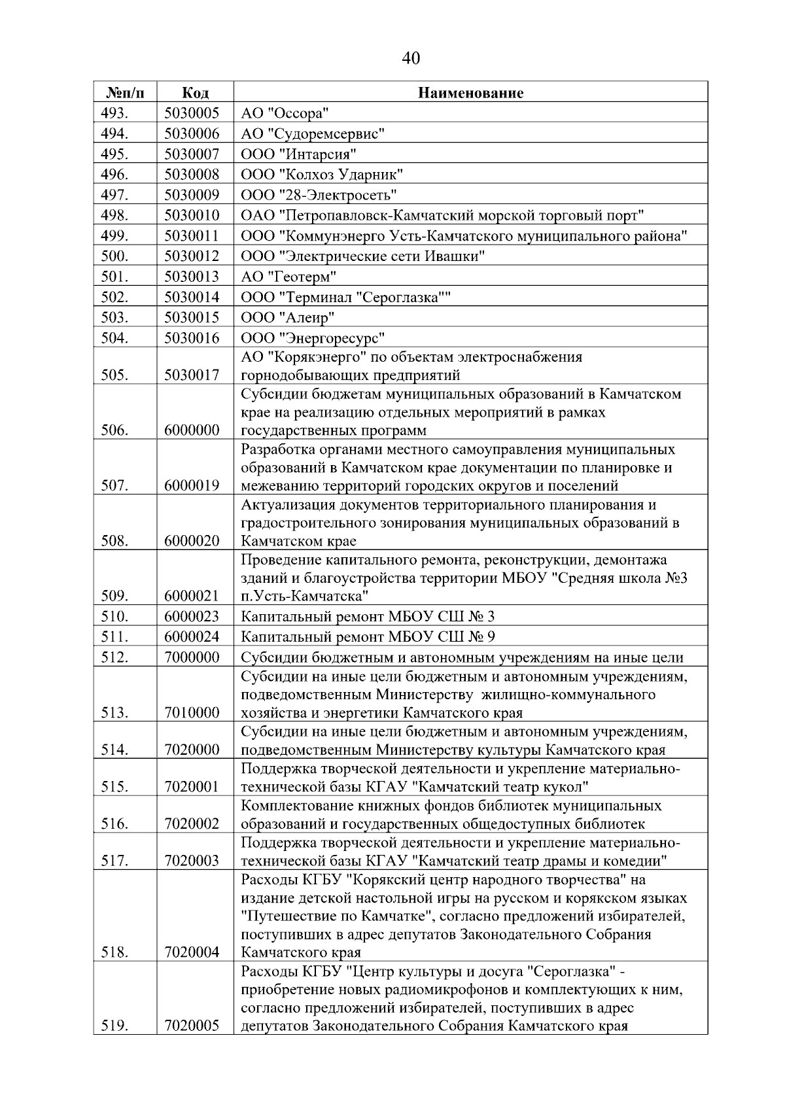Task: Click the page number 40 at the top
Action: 411,58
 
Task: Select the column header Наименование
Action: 470,92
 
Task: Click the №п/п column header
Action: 124,92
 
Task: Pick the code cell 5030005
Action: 192,113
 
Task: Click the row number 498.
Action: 115,215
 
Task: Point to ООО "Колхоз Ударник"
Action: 321,175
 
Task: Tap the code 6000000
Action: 192,430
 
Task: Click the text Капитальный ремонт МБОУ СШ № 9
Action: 368,636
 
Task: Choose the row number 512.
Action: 115,657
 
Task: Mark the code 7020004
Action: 192,952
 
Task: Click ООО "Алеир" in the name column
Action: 288,318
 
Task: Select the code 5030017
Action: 192,375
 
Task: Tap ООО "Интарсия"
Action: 298,154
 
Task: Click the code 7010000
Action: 192,712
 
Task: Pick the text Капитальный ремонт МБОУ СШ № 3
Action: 368,616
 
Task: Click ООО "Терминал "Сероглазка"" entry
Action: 346,298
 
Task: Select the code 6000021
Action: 192,596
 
